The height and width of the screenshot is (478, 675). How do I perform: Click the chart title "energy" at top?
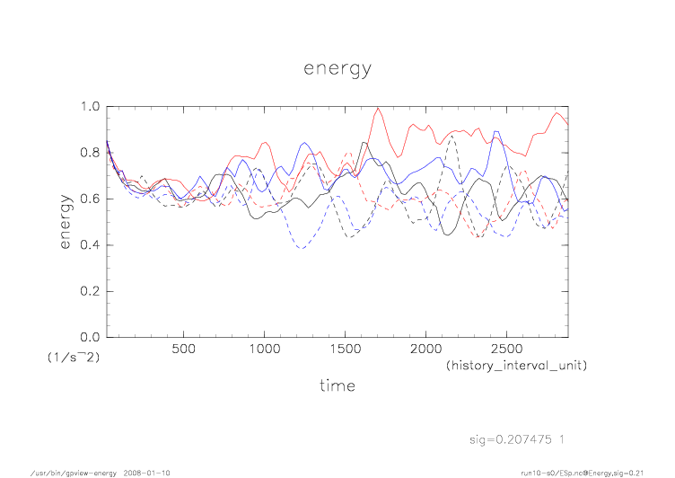[337, 69]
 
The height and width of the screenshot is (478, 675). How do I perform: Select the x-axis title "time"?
[337, 385]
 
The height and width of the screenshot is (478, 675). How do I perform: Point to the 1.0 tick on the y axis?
[90, 106]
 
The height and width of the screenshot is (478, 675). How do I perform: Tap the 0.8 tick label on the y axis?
[90, 153]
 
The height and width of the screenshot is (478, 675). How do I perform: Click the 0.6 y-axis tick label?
[90, 199]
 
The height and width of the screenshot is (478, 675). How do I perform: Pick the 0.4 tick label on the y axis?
[90, 245]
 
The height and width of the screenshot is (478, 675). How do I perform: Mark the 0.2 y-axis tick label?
[90, 291]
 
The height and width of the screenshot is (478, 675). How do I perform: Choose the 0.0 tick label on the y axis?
[90, 338]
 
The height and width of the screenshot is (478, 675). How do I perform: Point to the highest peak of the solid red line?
[379, 108]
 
